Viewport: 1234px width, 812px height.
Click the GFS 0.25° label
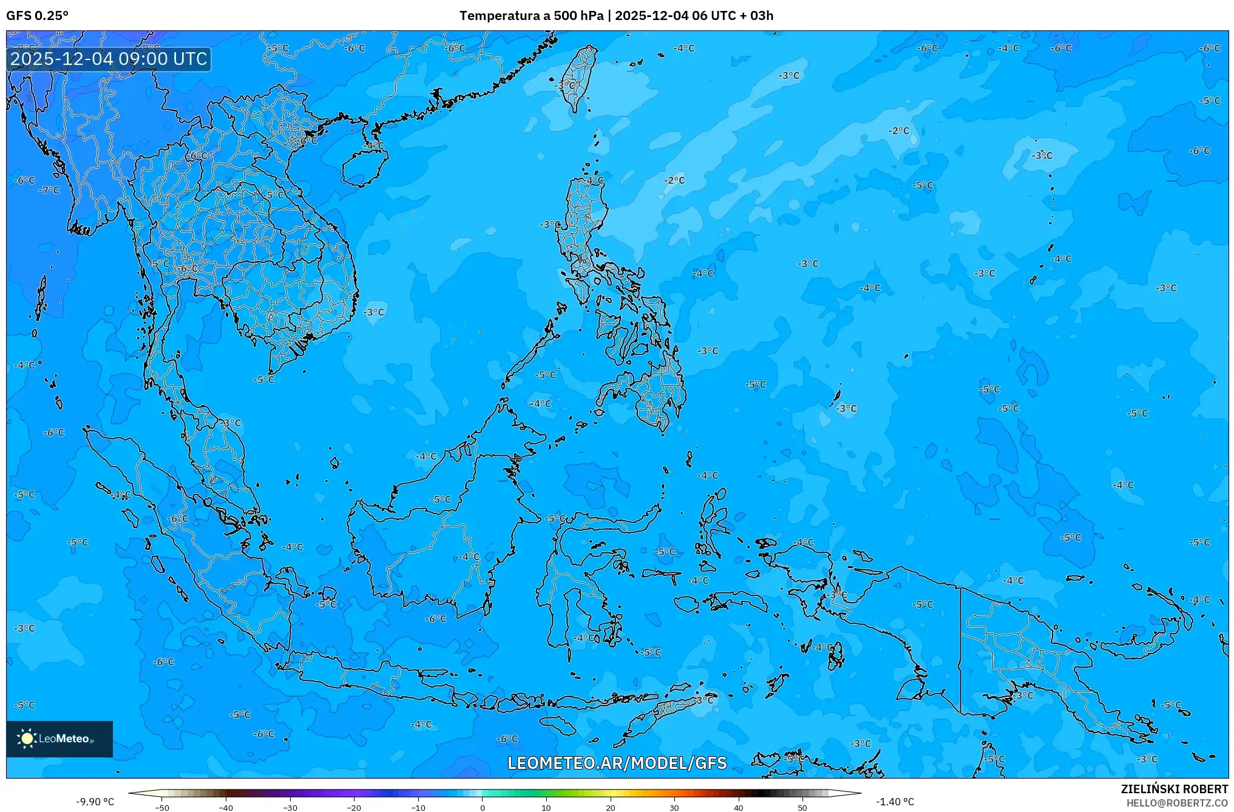(37, 16)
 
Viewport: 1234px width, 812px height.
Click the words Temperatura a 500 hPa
(531, 16)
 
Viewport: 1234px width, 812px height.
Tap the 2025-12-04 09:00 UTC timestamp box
(109, 59)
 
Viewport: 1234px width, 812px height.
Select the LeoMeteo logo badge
(59, 739)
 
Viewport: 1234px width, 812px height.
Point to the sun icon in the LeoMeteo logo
(27, 739)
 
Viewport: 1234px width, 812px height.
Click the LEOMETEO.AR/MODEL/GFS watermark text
(617, 763)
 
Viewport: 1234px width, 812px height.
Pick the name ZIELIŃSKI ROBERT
(1174, 789)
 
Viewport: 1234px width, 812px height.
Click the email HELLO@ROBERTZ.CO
(1177, 803)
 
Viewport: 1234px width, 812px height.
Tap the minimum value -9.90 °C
(95, 802)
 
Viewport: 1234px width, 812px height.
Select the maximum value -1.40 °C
(895, 802)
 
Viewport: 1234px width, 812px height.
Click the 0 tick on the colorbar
(483, 808)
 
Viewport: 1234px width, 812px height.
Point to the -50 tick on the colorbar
(162, 808)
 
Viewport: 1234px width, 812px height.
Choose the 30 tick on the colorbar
(674, 808)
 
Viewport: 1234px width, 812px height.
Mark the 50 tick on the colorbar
(802, 808)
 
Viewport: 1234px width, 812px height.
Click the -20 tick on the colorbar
(354, 808)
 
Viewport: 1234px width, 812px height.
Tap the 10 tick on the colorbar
(546, 808)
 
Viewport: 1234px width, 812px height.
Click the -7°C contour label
(50, 191)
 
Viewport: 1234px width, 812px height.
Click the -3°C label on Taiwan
(566, 86)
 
